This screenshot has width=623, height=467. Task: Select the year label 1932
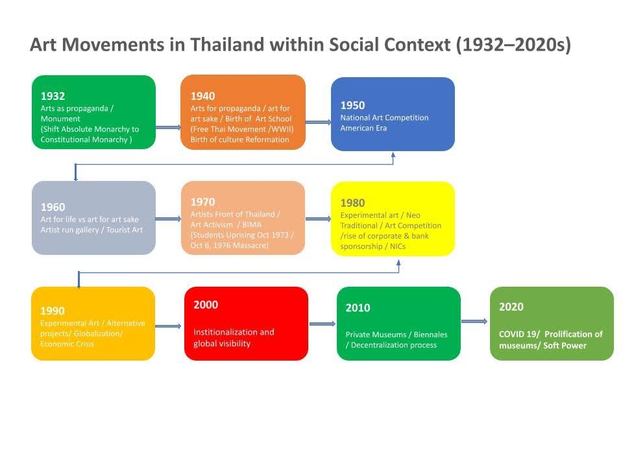pyautogui.click(x=53, y=96)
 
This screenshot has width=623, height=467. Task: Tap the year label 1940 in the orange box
pyautogui.click(x=202, y=96)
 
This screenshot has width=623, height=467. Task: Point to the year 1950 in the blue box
pyautogui.click(x=352, y=105)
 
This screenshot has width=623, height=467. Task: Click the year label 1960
pyautogui.click(x=53, y=207)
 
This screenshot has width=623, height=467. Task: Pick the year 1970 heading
pyautogui.click(x=202, y=202)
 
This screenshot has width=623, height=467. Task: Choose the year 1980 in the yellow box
pyautogui.click(x=352, y=203)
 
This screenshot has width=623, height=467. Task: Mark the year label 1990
pyautogui.click(x=53, y=311)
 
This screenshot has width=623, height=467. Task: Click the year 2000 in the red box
pyautogui.click(x=206, y=305)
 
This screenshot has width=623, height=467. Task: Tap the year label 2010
pyautogui.click(x=358, y=307)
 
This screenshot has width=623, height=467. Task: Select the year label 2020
pyautogui.click(x=511, y=307)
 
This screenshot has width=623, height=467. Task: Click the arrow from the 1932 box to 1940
pyautogui.click(x=168, y=128)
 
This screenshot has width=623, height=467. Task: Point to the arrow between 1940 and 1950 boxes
pyautogui.click(x=318, y=123)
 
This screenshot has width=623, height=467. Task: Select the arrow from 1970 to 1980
pyautogui.click(x=318, y=219)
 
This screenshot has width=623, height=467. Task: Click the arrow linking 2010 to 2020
pyautogui.click(x=474, y=321)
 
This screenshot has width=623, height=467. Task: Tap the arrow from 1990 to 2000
pyautogui.click(x=168, y=326)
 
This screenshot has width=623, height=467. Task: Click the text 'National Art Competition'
pyautogui.click(x=384, y=117)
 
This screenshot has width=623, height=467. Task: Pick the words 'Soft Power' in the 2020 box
pyautogui.click(x=565, y=346)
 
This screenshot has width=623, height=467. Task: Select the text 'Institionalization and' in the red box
pyautogui.click(x=234, y=332)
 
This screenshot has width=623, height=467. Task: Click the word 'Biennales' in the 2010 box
pyautogui.click(x=430, y=335)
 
